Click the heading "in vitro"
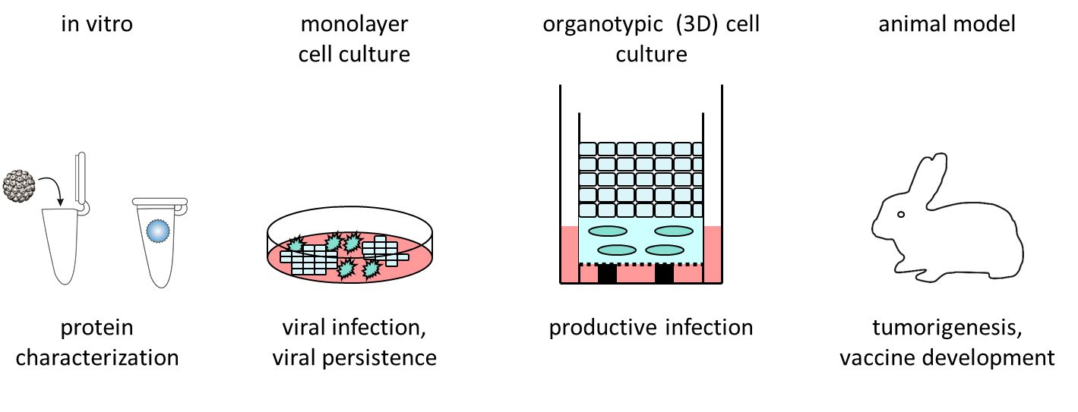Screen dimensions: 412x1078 96,24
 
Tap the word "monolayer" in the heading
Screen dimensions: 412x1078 354,24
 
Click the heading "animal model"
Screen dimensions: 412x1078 947,24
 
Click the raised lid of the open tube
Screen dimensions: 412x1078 79,179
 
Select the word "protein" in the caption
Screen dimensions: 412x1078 96,328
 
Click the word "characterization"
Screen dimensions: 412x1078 96,357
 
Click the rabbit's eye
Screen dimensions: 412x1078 901,215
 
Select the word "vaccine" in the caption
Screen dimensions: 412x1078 877,357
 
